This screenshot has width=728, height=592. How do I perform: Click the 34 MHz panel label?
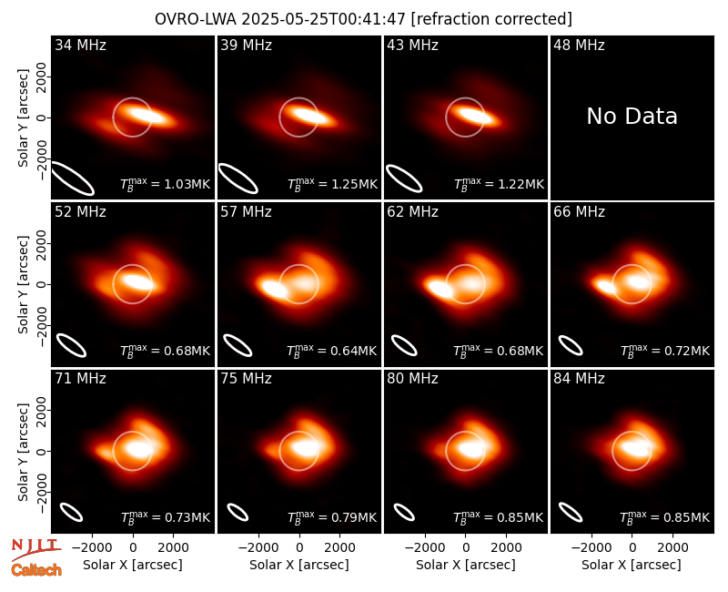(80, 45)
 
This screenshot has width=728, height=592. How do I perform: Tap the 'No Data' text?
(632, 117)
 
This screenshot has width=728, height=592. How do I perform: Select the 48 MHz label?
(579, 45)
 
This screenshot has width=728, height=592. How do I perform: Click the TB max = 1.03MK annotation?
(166, 184)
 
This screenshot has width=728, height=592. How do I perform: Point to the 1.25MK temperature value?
(354, 184)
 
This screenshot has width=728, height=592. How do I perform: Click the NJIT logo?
(35, 549)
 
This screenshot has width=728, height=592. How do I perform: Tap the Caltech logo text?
(36, 570)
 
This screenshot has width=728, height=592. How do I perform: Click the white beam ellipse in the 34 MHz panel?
(73, 179)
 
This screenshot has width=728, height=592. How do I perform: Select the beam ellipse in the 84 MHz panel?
(571, 513)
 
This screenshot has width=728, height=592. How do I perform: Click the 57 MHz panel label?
(246, 212)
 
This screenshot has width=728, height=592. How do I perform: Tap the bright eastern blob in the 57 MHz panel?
(274, 289)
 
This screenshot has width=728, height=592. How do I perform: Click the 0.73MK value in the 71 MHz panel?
(187, 517)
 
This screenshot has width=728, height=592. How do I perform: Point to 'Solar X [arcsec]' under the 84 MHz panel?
(632, 565)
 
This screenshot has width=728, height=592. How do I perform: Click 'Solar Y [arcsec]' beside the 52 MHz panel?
(23, 284)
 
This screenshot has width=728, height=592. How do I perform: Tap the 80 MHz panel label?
(412, 379)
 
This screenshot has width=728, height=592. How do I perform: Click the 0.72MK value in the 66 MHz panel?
(687, 351)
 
